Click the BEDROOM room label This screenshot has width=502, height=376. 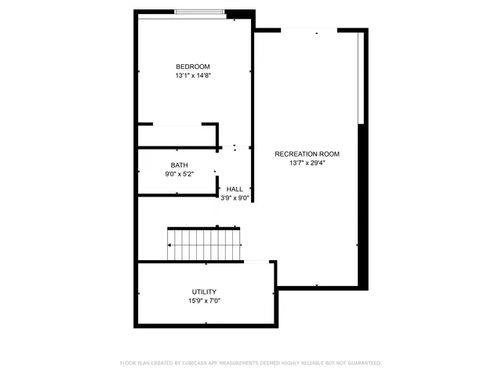193,67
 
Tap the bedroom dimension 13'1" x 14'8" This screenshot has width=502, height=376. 193,76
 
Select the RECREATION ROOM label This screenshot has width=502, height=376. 307,154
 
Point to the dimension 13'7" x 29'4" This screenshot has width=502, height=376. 307,163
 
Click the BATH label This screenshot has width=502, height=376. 180,164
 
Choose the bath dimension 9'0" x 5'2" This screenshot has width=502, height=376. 180,174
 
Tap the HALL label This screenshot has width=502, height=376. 235,189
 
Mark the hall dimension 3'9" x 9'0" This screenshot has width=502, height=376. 235,198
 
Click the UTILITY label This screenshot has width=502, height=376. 205,291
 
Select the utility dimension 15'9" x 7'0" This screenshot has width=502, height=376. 205,301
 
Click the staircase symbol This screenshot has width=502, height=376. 203,244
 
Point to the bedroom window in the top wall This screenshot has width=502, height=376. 199,12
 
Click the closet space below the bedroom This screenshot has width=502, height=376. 177,136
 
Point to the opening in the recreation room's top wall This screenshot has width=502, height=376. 309,31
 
